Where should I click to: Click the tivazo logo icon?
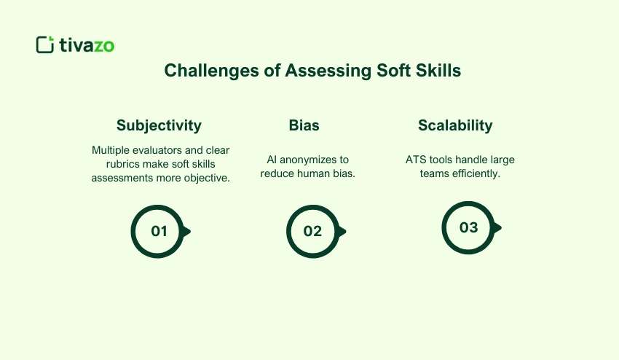click(x=45, y=44)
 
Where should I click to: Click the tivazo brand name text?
click(x=86, y=45)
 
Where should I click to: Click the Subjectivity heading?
click(x=159, y=125)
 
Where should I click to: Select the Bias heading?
click(x=304, y=125)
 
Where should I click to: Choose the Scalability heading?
click(x=455, y=125)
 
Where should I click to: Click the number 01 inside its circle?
click(x=159, y=232)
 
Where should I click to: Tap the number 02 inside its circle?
click(x=312, y=232)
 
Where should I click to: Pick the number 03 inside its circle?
click(x=468, y=227)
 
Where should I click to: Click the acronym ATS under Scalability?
click(x=417, y=160)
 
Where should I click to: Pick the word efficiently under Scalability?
click(x=477, y=173)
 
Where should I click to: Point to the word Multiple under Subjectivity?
click(x=110, y=149)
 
